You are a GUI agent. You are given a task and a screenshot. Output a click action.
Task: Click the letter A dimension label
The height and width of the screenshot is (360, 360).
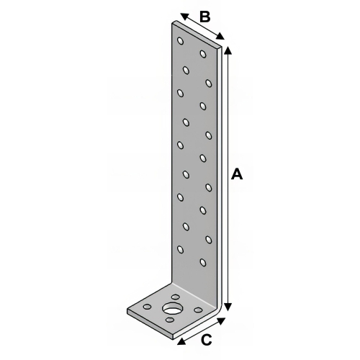point(237,174)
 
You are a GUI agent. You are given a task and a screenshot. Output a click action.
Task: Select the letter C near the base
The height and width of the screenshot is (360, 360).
point(205,340)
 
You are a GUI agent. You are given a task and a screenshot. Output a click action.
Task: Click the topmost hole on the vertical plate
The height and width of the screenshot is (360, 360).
point(181,42)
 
